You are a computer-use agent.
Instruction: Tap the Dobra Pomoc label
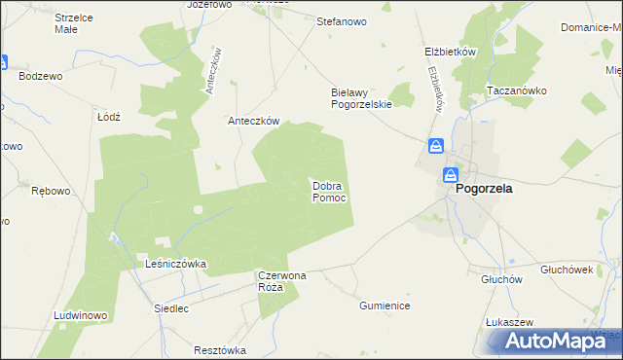pos(329,191)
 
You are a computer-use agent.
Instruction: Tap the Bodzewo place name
pos(40,75)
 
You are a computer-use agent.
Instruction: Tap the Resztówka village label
pos(220,349)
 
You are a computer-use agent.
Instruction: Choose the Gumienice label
pos(385,306)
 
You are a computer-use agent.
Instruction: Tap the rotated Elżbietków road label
pos(435,89)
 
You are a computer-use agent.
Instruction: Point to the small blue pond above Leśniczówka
pos(115,237)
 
